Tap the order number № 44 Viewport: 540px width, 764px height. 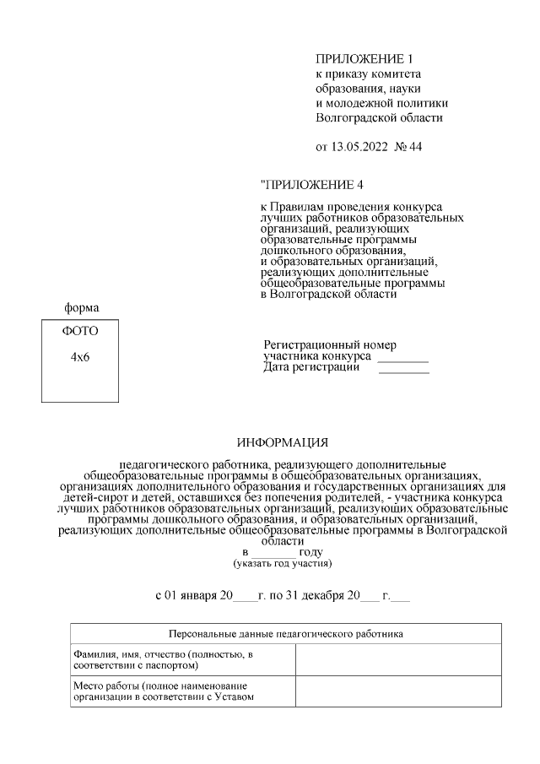click(409, 147)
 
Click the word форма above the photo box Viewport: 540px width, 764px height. click(82, 308)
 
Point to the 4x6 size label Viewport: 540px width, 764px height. click(80, 357)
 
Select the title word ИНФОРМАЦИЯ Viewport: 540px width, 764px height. click(282, 442)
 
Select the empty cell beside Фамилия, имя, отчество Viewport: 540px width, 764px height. click(397, 660)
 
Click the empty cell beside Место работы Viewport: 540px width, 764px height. click(397, 691)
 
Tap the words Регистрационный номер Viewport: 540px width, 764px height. click(330, 345)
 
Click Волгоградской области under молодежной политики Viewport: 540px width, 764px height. click(378, 117)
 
